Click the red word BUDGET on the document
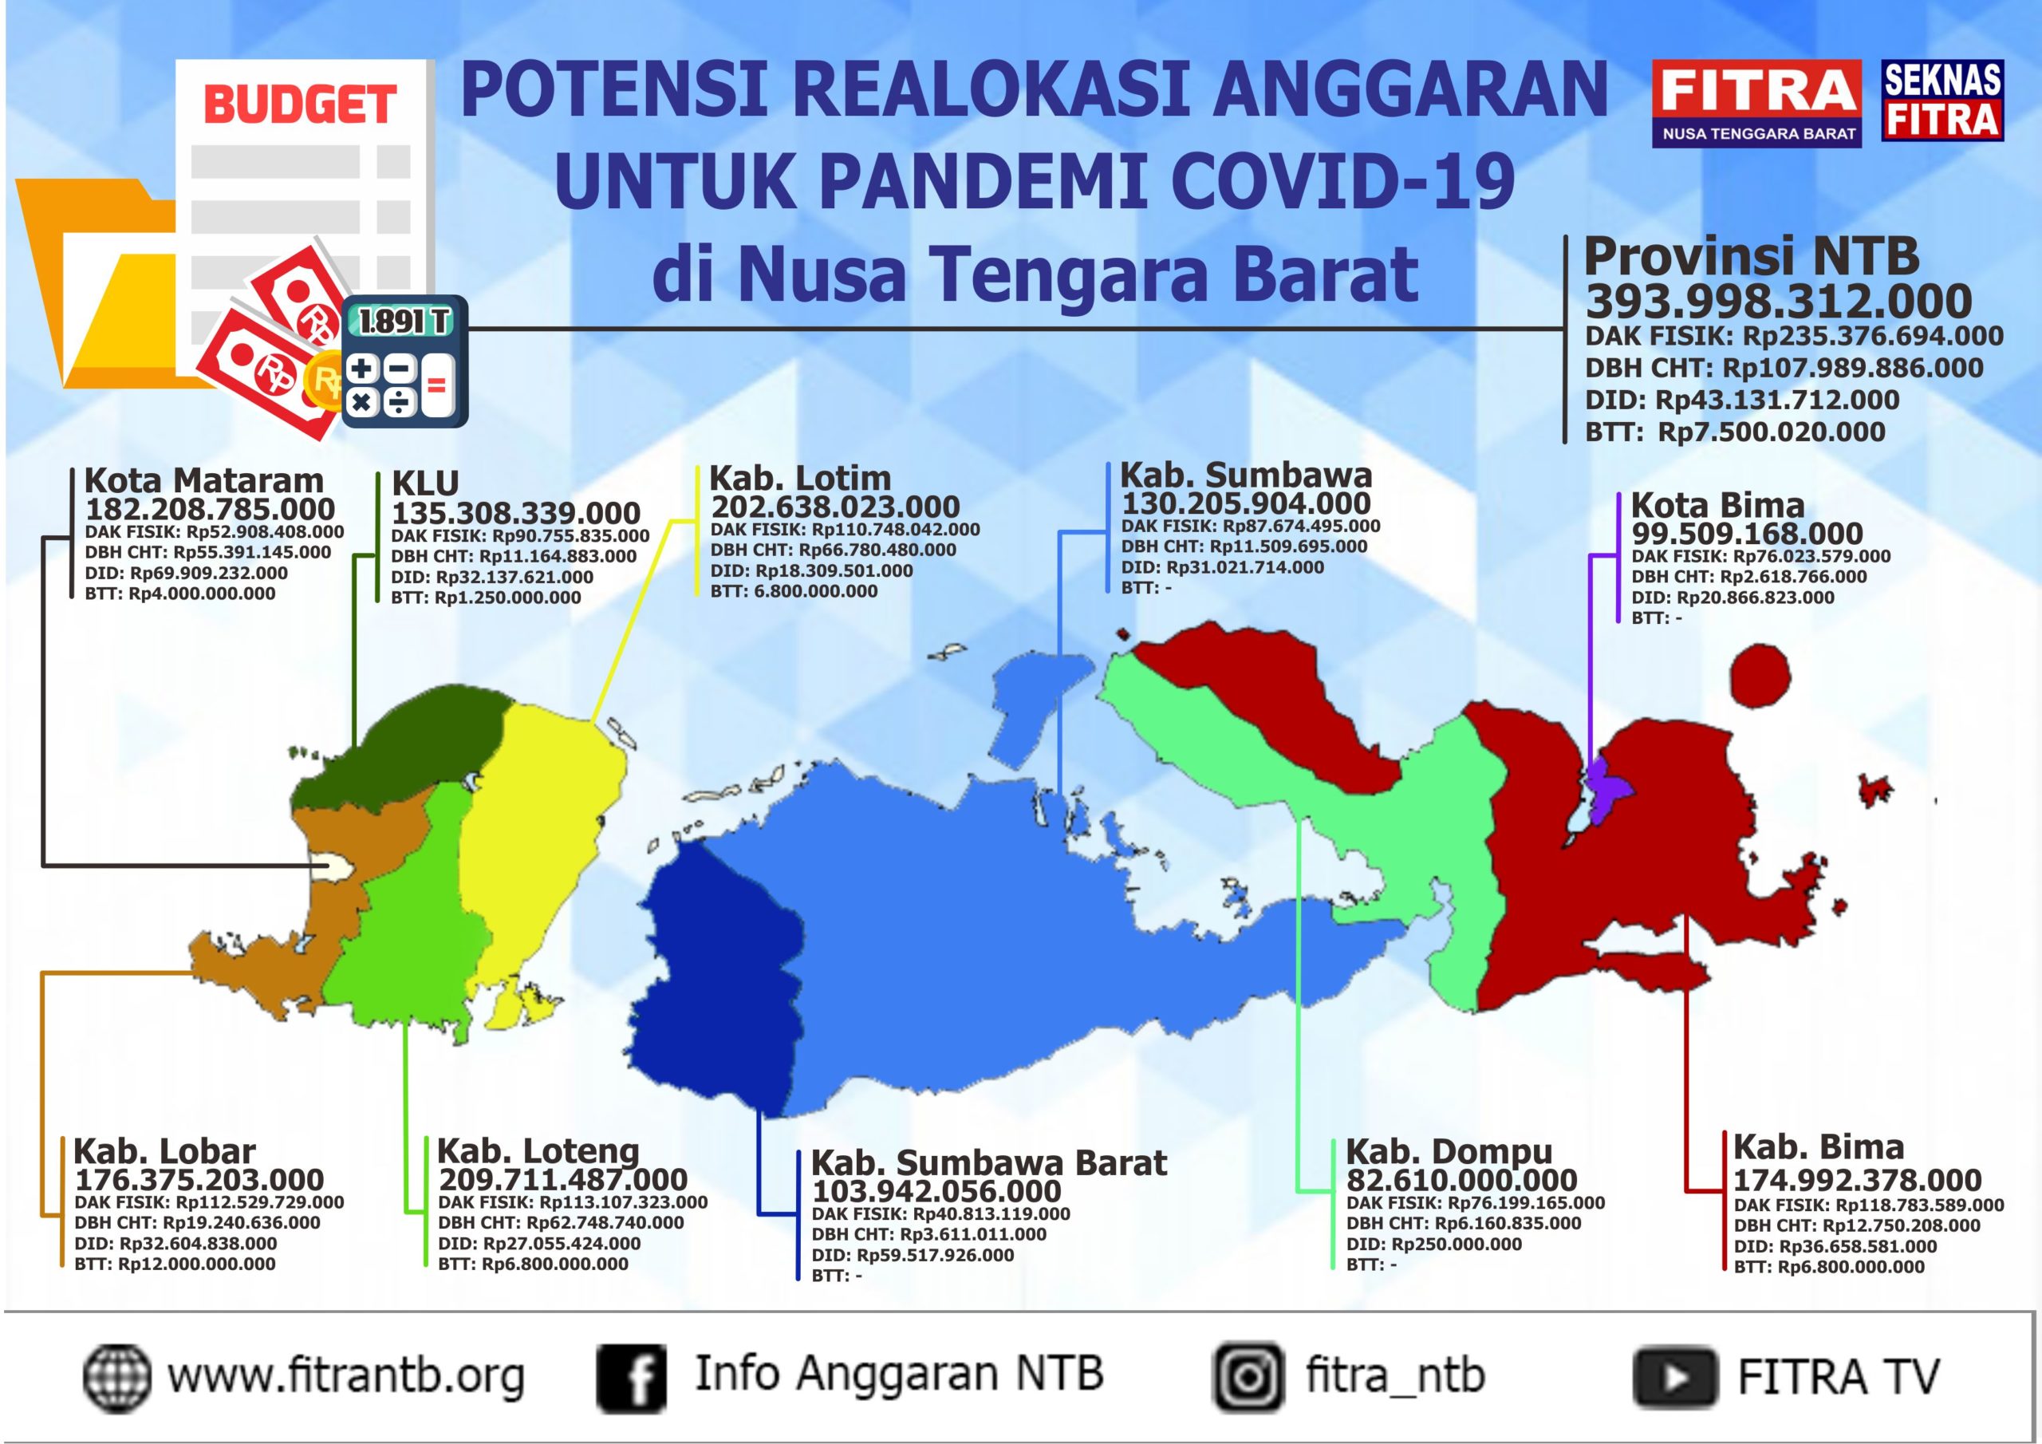click(300, 105)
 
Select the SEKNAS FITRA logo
click(1941, 101)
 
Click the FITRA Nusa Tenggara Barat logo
click(1756, 102)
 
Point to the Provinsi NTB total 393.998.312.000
click(1779, 301)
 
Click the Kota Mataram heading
click(203, 480)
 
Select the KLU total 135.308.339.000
click(516, 513)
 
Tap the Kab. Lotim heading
click(799, 478)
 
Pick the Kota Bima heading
click(1717, 505)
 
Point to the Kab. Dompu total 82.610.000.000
click(1461, 1181)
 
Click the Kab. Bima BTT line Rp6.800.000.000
click(1828, 1267)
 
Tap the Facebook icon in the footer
click(631, 1378)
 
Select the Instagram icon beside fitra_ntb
click(1248, 1377)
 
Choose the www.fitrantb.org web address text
click(346, 1377)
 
